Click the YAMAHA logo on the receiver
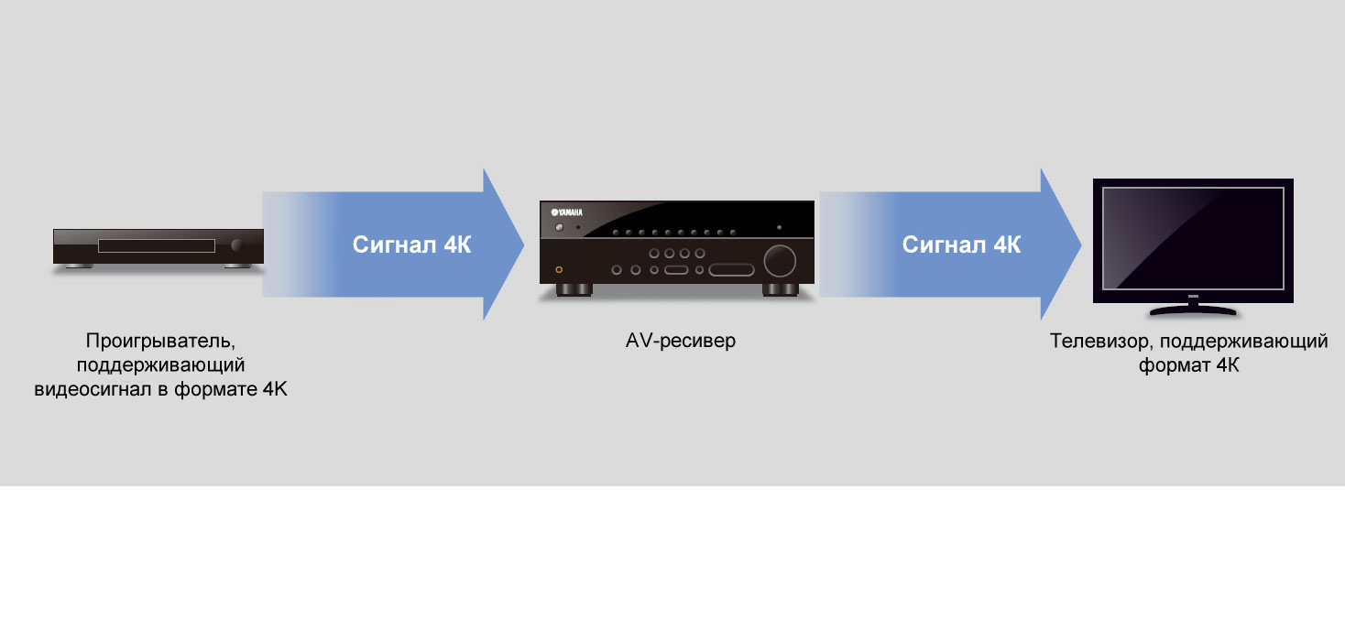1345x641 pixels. coord(567,212)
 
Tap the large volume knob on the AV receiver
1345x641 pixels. coord(780,260)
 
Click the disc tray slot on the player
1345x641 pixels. coord(156,245)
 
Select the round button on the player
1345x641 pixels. coord(236,244)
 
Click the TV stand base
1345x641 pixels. coord(1193,310)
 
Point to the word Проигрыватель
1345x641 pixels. coord(160,341)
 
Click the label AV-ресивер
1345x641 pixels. coord(681,341)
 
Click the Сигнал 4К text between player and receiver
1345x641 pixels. coord(412,244)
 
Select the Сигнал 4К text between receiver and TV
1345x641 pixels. coord(961,244)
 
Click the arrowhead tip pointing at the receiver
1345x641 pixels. coord(523,244)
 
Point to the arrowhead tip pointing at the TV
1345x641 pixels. coord(1081,244)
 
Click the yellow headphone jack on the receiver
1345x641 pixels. coord(559,269)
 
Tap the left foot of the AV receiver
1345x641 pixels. coord(574,290)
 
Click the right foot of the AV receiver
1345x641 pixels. coord(781,290)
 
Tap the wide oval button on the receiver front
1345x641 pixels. coord(731,270)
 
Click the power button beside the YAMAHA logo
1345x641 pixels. coord(560,227)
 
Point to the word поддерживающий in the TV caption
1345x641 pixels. coord(1243,341)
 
